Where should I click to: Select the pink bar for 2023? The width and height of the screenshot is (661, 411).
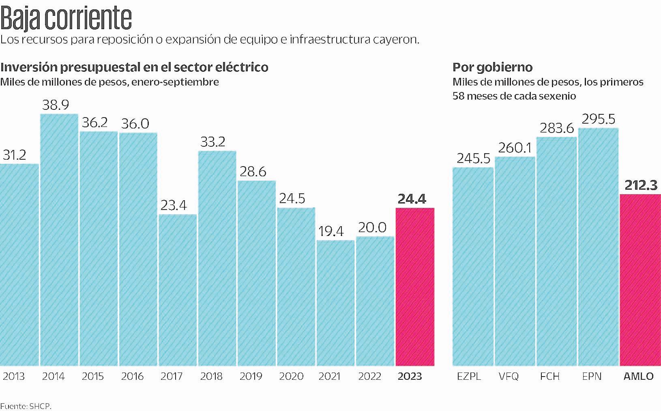[x=415, y=287]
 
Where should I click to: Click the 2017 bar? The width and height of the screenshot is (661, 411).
[x=178, y=290]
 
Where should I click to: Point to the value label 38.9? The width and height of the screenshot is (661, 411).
[x=56, y=105]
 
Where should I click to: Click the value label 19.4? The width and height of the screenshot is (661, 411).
[x=331, y=231]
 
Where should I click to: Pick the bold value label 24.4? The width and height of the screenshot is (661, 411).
[x=412, y=199]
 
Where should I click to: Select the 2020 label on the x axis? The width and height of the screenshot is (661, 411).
[x=292, y=377]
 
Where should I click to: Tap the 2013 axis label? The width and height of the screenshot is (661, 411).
[x=14, y=377]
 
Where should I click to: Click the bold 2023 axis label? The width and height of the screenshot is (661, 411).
[x=410, y=377]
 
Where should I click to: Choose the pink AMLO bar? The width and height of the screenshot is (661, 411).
[x=640, y=280]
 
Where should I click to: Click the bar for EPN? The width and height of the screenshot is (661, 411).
[x=598, y=247]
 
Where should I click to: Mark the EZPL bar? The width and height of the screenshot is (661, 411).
[x=472, y=266]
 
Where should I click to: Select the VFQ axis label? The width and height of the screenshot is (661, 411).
[x=509, y=377]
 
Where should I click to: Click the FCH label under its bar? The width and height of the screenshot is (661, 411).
[x=550, y=377]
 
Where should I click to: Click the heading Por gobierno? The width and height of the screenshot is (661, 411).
[x=492, y=67]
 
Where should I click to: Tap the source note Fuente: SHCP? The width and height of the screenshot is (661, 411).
[x=26, y=406]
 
